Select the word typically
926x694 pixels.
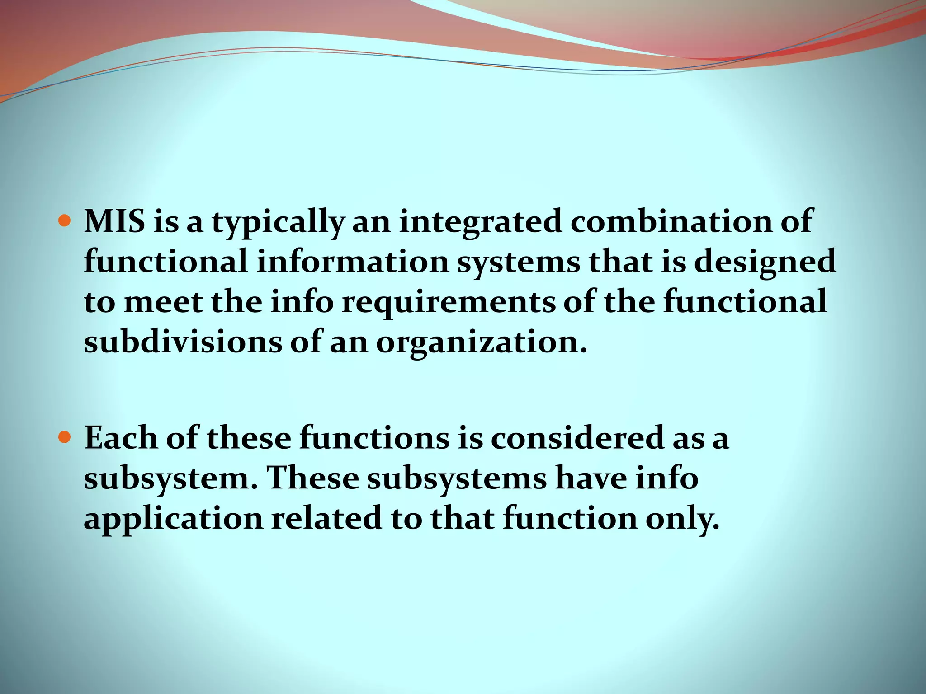[x=278, y=222]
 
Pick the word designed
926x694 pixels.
[x=765, y=263]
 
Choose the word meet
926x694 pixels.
[x=163, y=302]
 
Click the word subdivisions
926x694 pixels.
[x=183, y=342]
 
